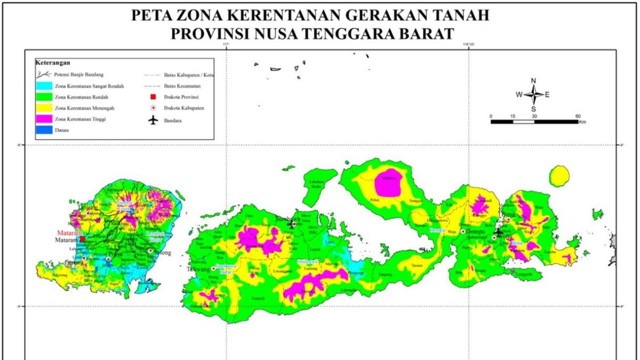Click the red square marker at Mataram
pyautogui.click(x=82, y=239)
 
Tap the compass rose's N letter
pyautogui.click(x=533, y=81)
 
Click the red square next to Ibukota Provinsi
pyautogui.click(x=154, y=97)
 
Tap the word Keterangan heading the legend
pyautogui.click(x=53, y=62)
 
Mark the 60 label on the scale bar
pyautogui.click(x=578, y=116)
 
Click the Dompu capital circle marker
pyautogui.click(x=462, y=232)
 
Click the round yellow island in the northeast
pyautogui.click(x=559, y=175)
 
